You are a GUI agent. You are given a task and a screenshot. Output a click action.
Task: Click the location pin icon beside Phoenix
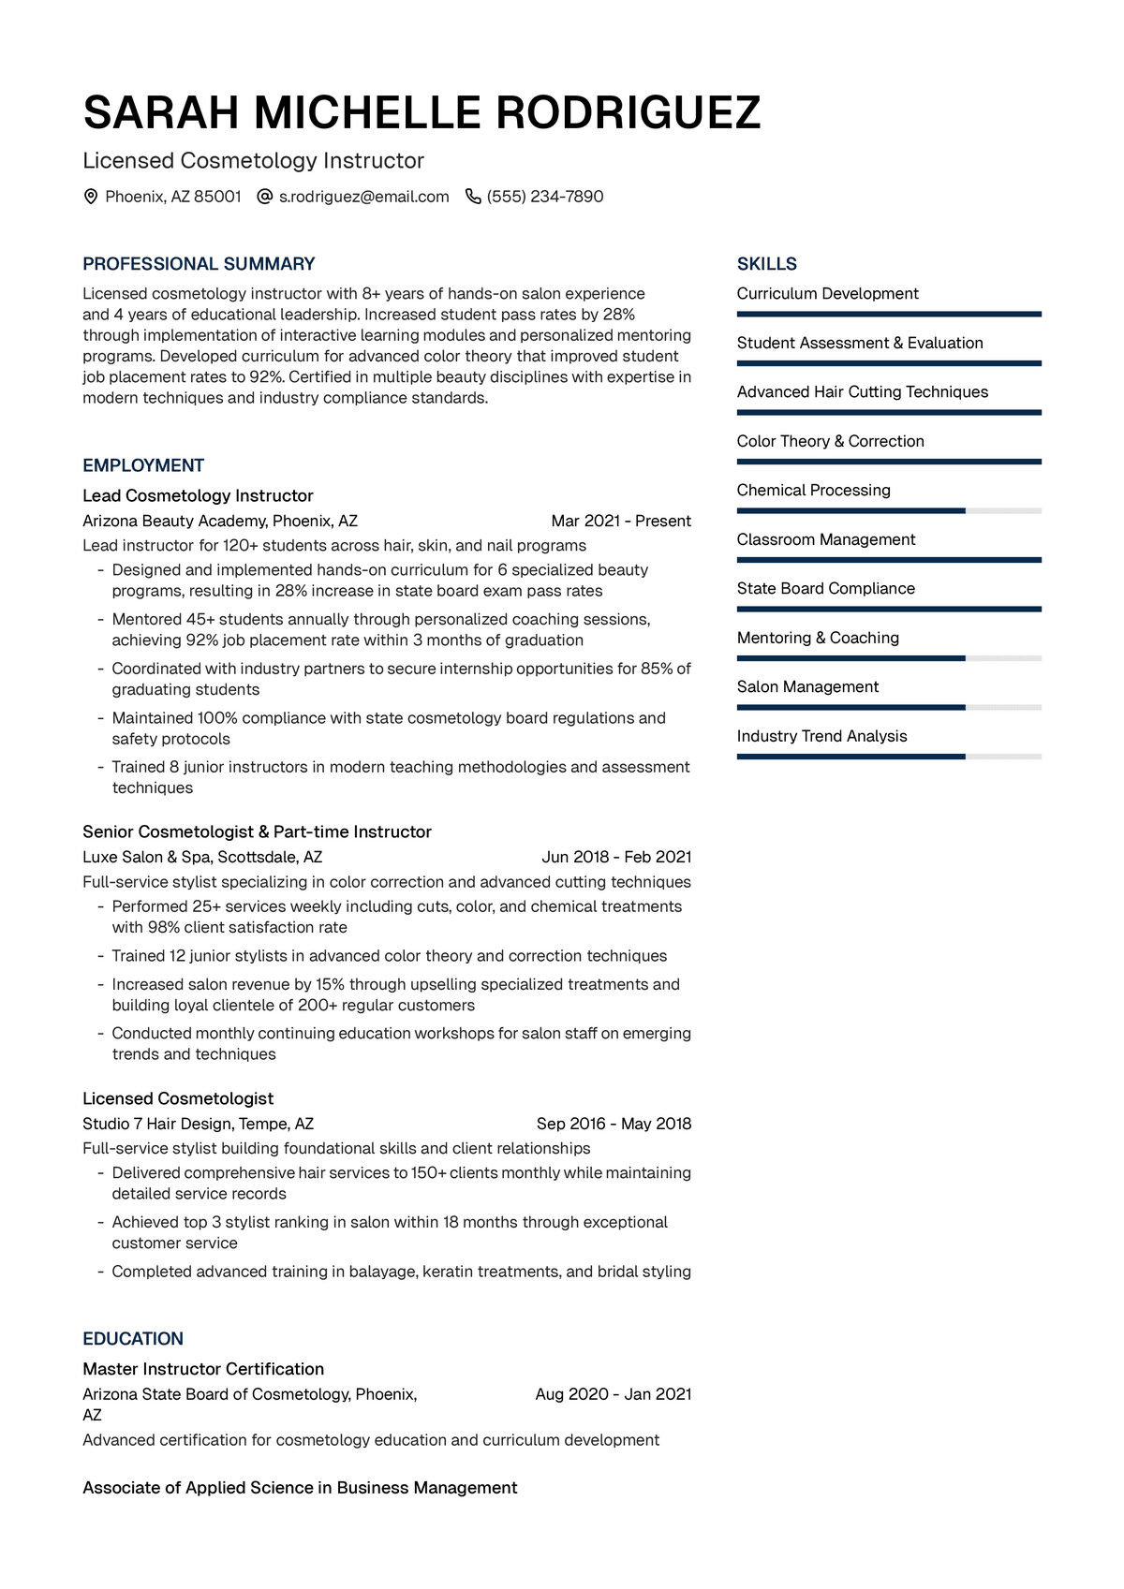point(91,197)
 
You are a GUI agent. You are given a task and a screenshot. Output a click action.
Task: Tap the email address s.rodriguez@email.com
point(363,197)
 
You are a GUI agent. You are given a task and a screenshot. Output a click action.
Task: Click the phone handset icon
point(473,197)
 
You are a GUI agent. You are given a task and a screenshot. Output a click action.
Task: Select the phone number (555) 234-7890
point(545,197)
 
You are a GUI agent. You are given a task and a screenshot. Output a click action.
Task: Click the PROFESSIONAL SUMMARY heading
point(199,264)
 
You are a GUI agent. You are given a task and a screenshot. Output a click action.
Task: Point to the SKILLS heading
point(766,264)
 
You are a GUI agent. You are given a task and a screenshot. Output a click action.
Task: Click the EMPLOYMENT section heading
point(143,465)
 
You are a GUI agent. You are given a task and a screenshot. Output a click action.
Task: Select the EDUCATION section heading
point(133,1339)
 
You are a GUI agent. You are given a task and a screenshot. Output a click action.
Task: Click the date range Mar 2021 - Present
point(621,521)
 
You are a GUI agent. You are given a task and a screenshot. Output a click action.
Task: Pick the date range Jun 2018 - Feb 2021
point(616,857)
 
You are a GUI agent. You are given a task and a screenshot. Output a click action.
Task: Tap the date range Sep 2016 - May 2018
point(614,1124)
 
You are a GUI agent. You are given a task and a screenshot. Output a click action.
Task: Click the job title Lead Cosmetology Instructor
point(198,495)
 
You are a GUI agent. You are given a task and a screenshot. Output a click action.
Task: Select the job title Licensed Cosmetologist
point(178,1098)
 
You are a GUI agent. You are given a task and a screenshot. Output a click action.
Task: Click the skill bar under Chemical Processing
point(888,511)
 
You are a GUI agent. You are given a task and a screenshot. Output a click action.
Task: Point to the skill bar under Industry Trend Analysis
point(888,757)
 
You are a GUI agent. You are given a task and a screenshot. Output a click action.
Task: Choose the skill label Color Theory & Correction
point(830,441)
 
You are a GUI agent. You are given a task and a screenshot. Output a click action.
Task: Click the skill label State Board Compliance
point(825,588)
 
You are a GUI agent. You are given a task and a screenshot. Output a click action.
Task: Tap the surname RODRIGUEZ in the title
point(628,113)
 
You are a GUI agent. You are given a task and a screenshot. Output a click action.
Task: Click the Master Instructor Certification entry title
point(203,1369)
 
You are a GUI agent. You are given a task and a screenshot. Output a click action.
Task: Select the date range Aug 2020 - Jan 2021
point(613,1394)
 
